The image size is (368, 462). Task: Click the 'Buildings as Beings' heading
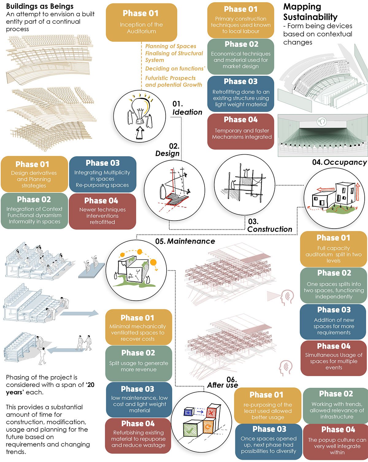tap(40, 6)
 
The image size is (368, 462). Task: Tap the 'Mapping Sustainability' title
tap(310, 12)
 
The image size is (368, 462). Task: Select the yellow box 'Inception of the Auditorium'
tap(141, 22)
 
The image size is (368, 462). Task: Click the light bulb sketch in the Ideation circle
tap(140, 110)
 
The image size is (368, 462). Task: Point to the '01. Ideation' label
tap(187, 108)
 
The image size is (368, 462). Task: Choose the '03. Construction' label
tap(269, 225)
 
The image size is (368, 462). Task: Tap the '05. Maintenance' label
tap(185, 241)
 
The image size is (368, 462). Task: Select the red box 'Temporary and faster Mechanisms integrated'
tap(241, 131)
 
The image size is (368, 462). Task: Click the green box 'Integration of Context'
tap(34, 211)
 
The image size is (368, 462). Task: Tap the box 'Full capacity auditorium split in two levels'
tap(333, 249)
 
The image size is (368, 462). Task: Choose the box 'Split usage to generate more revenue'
tap(139, 363)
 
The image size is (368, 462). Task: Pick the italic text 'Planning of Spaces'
tap(171, 46)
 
